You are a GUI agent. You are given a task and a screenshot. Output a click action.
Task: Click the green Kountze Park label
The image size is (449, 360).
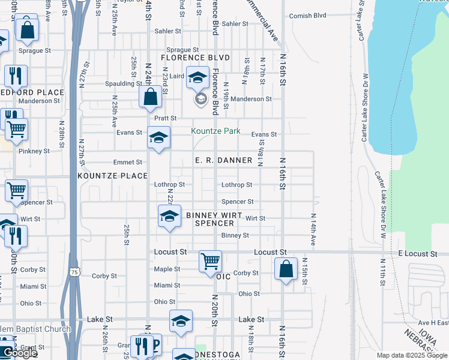(215, 131)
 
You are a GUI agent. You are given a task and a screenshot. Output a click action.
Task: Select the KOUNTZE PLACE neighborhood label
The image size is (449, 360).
(112, 176)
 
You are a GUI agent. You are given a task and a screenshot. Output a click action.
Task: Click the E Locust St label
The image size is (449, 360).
(417, 254)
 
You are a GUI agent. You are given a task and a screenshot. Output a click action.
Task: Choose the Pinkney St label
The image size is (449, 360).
(34, 151)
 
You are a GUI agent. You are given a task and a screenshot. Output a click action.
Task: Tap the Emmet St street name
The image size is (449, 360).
(127, 162)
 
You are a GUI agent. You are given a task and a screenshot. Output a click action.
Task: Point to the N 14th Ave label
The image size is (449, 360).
(313, 230)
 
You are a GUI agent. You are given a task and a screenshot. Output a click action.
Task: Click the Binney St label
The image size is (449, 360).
(235, 235)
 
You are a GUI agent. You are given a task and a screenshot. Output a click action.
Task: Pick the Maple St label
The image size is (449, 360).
(167, 269)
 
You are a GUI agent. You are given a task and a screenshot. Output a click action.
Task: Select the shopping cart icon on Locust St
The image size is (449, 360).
(211, 260)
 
